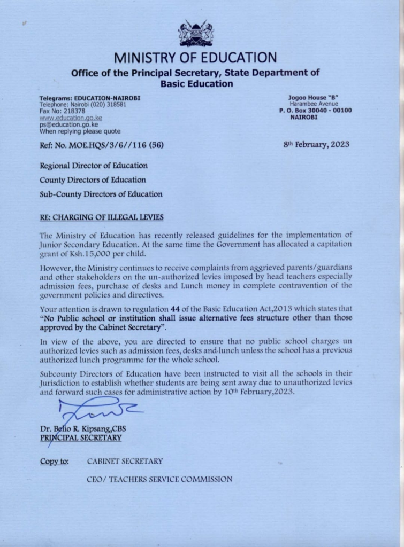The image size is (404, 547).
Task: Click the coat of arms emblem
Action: coord(195,33)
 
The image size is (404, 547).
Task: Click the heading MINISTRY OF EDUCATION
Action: coord(195,58)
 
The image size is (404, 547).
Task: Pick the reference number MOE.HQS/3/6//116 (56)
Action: coord(107,145)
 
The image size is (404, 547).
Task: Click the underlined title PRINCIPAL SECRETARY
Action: coord(80,437)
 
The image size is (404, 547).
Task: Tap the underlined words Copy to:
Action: coord(54,461)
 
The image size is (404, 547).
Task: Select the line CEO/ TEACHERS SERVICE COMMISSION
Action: coord(159,479)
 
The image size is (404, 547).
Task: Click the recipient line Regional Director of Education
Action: coord(94,166)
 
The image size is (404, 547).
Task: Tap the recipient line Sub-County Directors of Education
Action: coord(101,194)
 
